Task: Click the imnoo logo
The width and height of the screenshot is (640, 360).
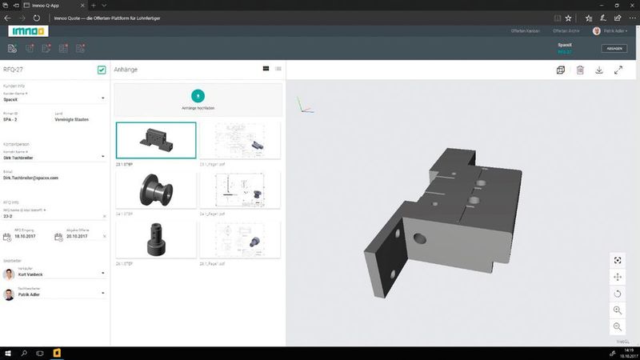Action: (28, 30)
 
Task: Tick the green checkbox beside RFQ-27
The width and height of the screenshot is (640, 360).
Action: (102, 70)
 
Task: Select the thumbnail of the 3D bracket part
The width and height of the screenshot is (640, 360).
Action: (155, 141)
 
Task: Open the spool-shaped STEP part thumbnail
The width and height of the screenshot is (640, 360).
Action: (155, 190)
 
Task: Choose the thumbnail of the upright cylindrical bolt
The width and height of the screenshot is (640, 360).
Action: (155, 239)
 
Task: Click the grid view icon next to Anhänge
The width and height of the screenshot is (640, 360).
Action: (266, 70)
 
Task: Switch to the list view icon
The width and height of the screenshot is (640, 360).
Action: (278, 70)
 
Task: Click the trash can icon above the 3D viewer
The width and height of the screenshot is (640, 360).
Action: (581, 70)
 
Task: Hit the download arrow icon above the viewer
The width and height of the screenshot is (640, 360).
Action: (599, 70)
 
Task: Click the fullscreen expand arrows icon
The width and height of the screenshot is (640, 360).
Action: (618, 70)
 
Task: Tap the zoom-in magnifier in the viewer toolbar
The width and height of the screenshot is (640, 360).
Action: (618, 310)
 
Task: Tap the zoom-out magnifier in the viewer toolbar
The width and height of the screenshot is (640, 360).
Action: (618, 326)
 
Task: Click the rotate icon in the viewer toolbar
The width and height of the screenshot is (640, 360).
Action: (618, 293)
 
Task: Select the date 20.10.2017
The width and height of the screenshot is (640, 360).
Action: (76, 237)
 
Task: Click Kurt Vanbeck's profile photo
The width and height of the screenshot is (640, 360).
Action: (9, 274)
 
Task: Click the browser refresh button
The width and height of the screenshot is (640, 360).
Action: (38, 17)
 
